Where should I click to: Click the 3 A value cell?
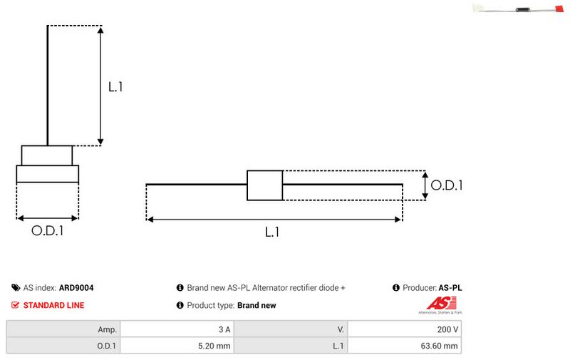177,329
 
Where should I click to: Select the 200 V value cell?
404,329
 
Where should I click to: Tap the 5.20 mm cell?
177,346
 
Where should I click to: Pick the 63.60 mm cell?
404,346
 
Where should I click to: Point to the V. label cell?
291,329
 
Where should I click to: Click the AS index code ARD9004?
76,287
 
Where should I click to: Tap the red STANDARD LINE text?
54,305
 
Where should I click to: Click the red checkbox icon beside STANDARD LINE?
15,305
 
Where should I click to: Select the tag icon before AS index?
16,287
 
